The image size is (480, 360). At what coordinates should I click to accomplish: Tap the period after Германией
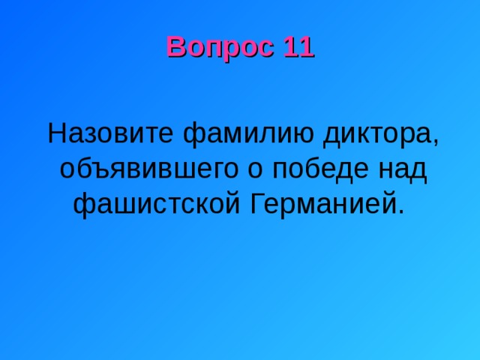(401, 211)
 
